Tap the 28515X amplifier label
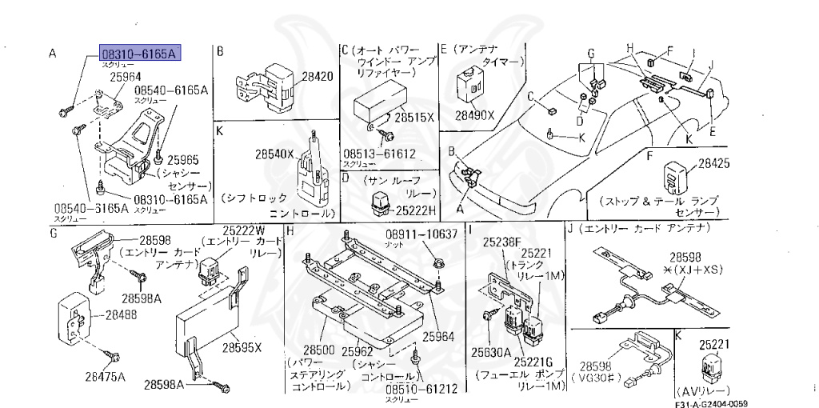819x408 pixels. coord(414,117)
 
